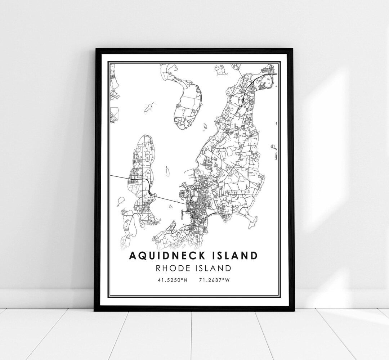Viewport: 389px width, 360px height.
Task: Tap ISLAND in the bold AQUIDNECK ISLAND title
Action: (x=234, y=256)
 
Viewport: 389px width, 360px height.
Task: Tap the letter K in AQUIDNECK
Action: (x=200, y=256)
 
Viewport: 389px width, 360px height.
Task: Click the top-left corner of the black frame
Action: (x=95, y=49)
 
